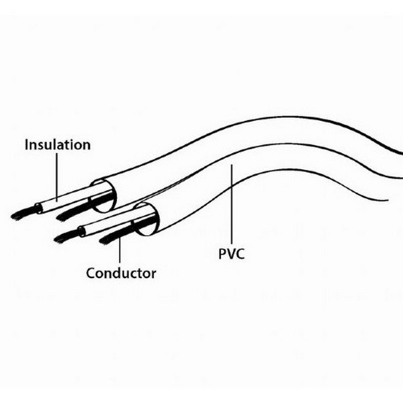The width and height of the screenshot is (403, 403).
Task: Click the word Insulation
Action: click(x=58, y=144)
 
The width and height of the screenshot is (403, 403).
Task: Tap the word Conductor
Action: click(x=121, y=273)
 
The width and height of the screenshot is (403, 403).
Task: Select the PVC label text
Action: click(x=231, y=254)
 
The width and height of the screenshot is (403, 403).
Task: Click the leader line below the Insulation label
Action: click(x=57, y=177)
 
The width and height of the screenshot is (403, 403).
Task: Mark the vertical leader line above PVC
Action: click(x=232, y=204)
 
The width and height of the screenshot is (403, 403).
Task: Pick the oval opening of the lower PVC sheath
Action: click(x=146, y=219)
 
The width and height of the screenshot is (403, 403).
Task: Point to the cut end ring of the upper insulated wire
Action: click(x=38, y=208)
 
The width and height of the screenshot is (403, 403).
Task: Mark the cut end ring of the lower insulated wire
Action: click(x=81, y=232)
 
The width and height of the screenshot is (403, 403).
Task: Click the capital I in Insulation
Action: click(x=26, y=144)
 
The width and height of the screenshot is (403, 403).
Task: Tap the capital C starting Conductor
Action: click(x=91, y=273)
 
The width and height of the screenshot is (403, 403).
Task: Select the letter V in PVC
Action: click(x=231, y=254)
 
